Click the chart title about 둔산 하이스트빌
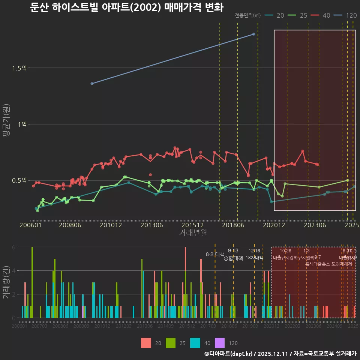[126, 7]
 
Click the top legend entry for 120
[345, 15]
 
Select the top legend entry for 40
[321, 15]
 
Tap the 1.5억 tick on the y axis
[19, 68]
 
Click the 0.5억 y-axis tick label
[19, 180]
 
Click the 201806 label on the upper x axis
[233, 225]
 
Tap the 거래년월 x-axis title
[193, 233]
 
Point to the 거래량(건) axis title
[6, 282]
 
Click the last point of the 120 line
[254, 34]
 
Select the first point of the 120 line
[92, 83]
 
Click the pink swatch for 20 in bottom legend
[146, 343]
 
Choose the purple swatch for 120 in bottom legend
[220, 343]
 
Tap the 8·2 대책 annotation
[215, 254]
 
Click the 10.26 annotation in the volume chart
[285, 251]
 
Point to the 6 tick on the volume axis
[13, 247]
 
